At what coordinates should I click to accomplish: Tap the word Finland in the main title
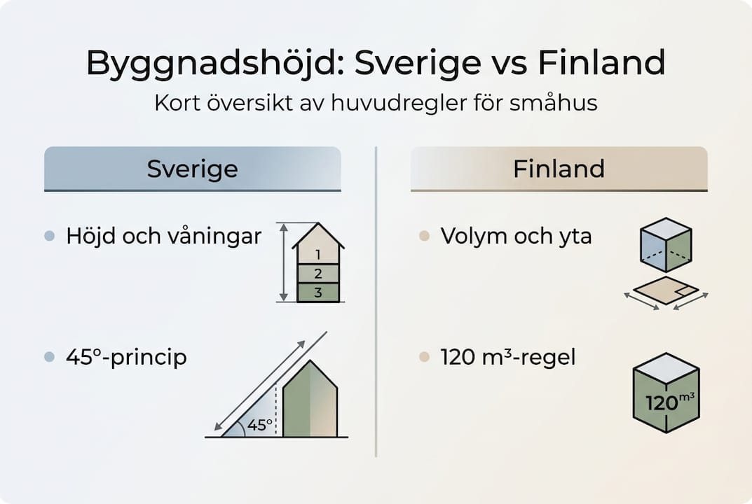pos(601,64)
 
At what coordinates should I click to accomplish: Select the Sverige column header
pos(192,169)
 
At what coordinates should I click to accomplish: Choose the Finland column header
pos(559,169)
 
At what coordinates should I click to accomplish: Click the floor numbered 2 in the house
pos(318,274)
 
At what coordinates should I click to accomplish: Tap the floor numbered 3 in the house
pos(318,293)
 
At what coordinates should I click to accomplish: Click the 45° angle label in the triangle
pos(259,424)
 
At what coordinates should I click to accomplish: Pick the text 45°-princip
pos(126,357)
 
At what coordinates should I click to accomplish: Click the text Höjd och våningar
pos(163,236)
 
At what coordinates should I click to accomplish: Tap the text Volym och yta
pos(516,236)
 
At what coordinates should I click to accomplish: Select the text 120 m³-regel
pos(507,357)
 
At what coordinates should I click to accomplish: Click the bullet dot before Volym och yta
pos(423,237)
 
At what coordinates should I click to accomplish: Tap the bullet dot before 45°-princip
pos(49,357)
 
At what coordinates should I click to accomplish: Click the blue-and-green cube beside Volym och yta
pos(666,245)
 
